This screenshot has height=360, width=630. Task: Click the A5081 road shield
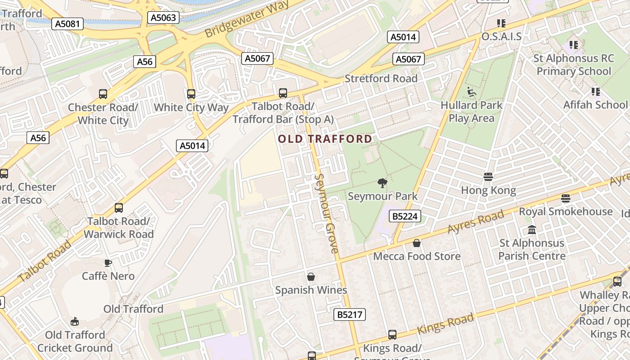[67, 24]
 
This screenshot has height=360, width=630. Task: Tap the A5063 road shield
[164, 18]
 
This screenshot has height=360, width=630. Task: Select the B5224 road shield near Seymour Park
[405, 216]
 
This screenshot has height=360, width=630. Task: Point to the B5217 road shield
[350, 315]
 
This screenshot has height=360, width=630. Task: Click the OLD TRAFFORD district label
[325, 139]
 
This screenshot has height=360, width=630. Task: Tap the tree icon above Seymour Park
[382, 183]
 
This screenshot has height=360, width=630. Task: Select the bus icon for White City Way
[191, 94]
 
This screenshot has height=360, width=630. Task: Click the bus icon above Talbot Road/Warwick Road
[119, 208]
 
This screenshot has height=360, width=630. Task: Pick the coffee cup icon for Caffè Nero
[108, 263]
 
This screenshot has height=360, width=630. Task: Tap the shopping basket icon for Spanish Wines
[311, 276]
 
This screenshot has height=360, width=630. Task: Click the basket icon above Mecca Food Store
[417, 243]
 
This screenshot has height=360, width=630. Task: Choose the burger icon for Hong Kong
[488, 177]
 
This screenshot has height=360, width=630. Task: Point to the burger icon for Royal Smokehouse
[566, 198]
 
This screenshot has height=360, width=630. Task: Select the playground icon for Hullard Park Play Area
[471, 92]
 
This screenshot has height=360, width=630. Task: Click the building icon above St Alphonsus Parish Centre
[532, 230]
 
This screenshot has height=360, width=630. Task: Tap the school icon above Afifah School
[596, 92]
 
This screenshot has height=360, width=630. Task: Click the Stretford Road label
[381, 79]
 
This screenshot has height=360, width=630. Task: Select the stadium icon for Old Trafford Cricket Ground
[75, 321]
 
